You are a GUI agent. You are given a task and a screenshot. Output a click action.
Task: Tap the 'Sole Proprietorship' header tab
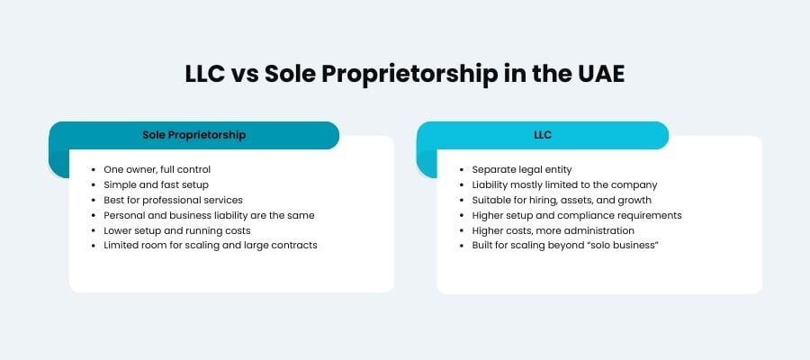point(193,135)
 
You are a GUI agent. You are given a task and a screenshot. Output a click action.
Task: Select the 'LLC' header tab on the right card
point(543,135)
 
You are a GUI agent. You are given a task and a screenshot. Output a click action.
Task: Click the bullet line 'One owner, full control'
point(157,169)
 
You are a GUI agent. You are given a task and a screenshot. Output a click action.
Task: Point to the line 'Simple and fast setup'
point(156,184)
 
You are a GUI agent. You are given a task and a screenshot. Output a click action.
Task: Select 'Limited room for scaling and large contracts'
point(210,246)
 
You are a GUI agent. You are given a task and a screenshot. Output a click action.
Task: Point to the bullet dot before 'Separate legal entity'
point(462,169)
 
